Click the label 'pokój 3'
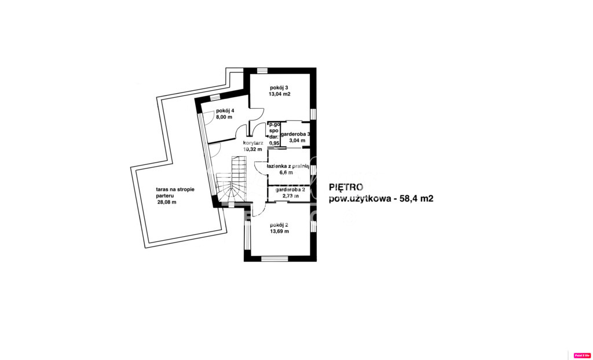click(279, 87)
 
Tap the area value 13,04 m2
click(279, 94)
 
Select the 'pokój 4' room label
click(225, 111)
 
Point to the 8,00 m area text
click(224, 117)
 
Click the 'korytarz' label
click(254, 143)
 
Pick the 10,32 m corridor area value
click(252, 149)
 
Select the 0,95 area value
click(274, 143)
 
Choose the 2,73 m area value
click(290, 196)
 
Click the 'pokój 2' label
click(279, 225)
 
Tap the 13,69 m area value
click(279, 231)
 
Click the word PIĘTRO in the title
click(346, 187)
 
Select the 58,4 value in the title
click(404, 198)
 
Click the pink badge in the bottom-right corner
click(581, 355)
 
